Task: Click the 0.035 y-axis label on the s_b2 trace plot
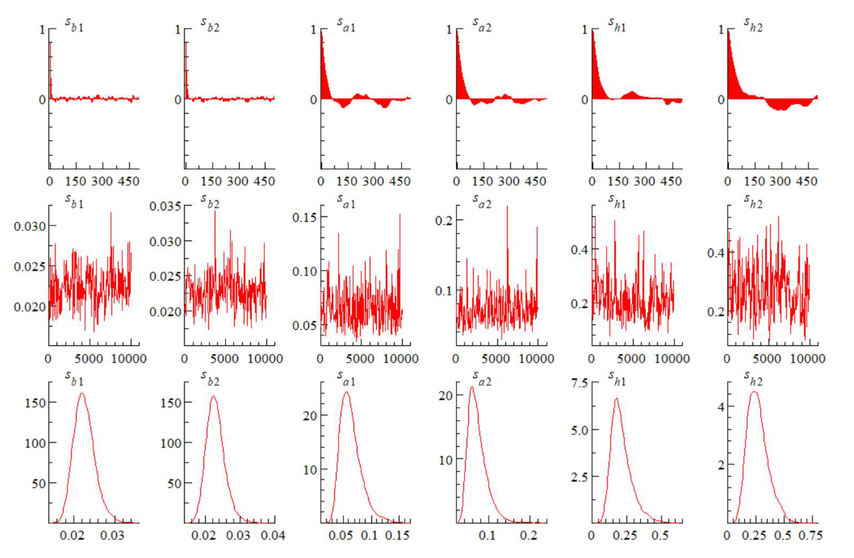165,207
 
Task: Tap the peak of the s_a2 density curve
472,387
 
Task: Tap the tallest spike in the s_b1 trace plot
111,213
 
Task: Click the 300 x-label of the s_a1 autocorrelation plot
373,181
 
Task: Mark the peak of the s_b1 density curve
82,394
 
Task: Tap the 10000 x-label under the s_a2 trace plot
536,358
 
